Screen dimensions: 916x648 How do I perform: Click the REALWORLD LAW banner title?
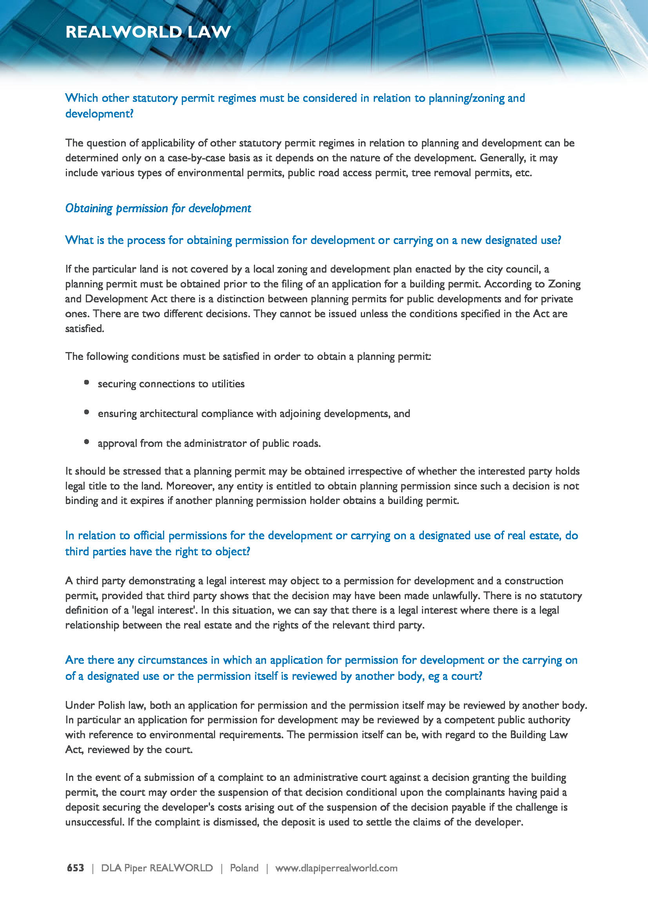[x=148, y=32]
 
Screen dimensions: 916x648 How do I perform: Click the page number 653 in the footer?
[x=75, y=868]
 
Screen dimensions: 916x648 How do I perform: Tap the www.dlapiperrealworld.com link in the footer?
[x=336, y=868]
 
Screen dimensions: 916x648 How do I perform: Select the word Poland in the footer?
[x=244, y=868]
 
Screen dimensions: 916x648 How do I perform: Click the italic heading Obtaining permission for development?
[x=158, y=208]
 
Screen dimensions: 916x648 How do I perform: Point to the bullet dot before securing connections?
[x=87, y=382]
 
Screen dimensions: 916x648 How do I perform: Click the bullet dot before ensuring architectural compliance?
[x=87, y=412]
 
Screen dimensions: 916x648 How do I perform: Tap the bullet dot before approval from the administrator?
[x=87, y=442]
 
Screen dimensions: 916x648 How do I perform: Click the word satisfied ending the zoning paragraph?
[x=84, y=329]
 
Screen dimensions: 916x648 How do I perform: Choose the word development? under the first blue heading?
[x=100, y=114]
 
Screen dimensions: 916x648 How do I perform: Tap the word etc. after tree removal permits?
[x=523, y=173]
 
